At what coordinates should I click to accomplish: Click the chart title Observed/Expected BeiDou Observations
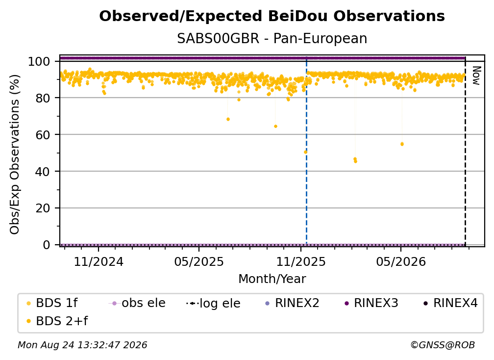pos(272,16)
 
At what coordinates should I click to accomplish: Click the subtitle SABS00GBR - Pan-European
pos(272,39)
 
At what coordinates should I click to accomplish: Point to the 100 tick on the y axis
pos(39,61)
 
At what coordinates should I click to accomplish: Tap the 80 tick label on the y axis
pos(43,98)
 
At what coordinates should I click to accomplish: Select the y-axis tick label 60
pos(43,134)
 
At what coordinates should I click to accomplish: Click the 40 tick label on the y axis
pos(43,172)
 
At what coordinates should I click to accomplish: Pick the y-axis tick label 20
pos(43,208)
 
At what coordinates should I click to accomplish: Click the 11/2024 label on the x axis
pos(99,261)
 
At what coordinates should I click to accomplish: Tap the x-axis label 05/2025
pos(199,261)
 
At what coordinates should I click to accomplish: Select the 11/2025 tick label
pos(301,261)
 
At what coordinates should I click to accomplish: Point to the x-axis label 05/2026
pos(401,261)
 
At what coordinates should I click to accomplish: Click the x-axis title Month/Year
pos(272,279)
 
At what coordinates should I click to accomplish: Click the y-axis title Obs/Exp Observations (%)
pos(15,154)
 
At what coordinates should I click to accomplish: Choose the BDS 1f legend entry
pos(52,303)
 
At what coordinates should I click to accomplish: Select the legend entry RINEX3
pos(372,303)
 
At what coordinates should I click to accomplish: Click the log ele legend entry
pos(213,303)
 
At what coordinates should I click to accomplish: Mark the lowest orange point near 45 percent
pos(355,161)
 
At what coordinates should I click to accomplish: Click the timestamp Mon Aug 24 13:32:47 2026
pos(82,345)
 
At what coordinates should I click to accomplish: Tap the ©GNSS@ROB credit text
pos(443,345)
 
